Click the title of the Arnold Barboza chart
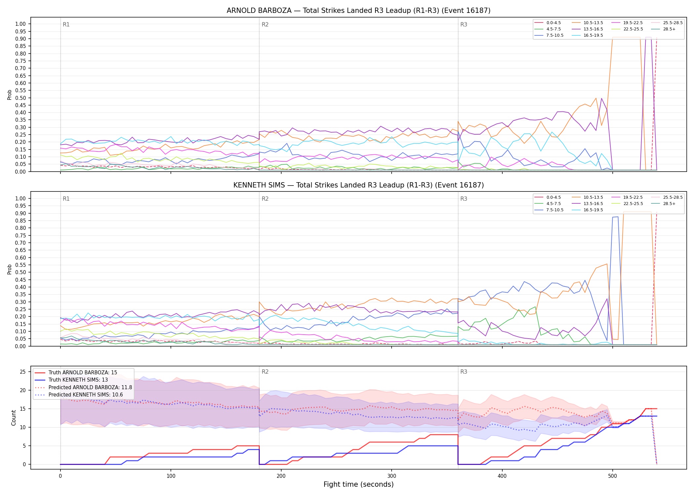[359, 11]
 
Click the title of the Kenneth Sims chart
[359, 185]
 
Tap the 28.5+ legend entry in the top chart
[663, 29]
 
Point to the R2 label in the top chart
[265, 24]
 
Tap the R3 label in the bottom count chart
[464, 372]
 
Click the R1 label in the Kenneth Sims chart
[66, 199]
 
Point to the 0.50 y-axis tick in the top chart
[20, 98]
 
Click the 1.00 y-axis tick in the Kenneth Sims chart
[20, 198]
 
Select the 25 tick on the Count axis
[23, 372]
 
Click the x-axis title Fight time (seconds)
[359, 485]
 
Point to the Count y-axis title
[14, 418]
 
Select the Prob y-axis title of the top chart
[10, 95]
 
